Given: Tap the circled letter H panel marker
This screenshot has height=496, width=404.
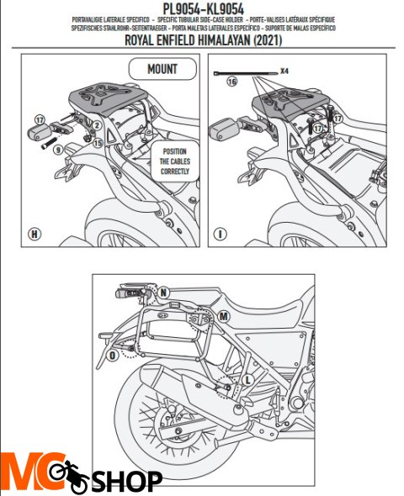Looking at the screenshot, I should click(35, 233).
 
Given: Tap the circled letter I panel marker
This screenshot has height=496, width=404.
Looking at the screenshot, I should click(220, 233).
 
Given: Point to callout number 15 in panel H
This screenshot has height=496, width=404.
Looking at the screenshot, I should click(98, 143).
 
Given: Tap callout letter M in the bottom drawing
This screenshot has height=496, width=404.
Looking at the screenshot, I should click(222, 316).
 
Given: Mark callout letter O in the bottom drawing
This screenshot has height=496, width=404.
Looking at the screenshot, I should click(113, 355).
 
